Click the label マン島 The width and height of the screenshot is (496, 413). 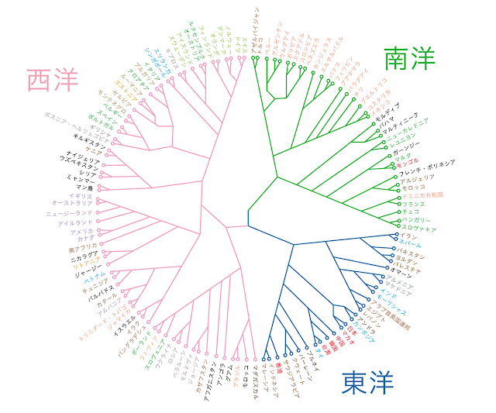coord(79,188)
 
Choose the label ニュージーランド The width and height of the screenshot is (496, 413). coord(69,213)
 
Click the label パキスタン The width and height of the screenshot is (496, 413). coord(414,253)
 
